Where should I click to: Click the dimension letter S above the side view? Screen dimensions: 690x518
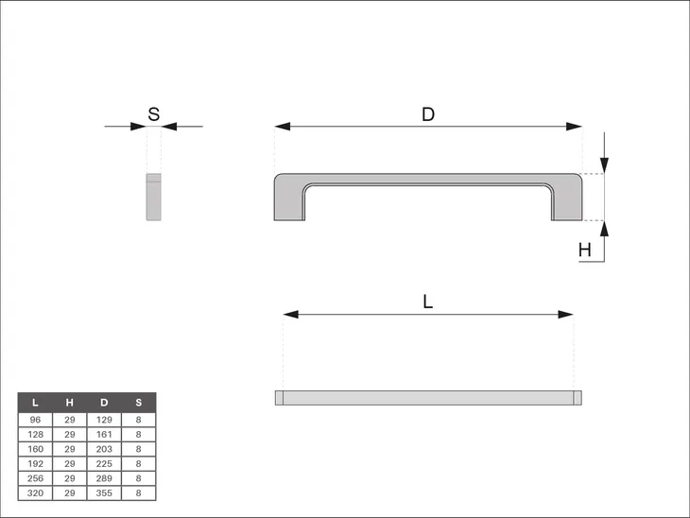coord(153,114)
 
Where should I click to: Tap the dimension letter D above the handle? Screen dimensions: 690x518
coord(428,114)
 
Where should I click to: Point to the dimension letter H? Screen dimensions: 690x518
coord(585,250)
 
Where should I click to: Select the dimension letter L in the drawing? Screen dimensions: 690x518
coord(428,302)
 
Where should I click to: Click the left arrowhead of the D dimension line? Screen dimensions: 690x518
coord(283,127)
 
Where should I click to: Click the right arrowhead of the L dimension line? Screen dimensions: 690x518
coord(565,314)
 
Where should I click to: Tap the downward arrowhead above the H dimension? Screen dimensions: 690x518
coord(604,165)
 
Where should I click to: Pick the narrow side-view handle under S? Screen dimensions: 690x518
coord(153,197)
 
